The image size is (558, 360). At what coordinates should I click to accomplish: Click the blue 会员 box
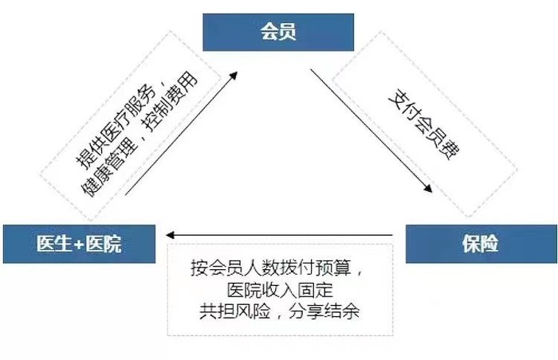(x=278, y=32)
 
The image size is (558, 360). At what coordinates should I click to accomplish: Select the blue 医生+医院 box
(x=80, y=244)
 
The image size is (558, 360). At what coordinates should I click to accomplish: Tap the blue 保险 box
(x=481, y=244)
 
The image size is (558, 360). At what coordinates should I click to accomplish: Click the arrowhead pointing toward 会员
(x=233, y=76)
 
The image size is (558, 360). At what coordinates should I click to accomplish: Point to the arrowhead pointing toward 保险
(x=428, y=188)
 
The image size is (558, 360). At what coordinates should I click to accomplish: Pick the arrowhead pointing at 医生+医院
(x=170, y=235)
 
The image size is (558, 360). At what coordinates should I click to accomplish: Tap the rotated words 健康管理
(x=109, y=167)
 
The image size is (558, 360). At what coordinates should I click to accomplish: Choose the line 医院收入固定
(x=280, y=290)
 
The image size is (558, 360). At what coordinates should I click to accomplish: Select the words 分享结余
(x=324, y=311)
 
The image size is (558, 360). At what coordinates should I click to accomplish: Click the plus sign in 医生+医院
(x=79, y=245)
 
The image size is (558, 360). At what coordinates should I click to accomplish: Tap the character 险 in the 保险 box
(x=489, y=244)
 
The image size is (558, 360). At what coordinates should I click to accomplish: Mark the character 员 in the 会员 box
(x=288, y=32)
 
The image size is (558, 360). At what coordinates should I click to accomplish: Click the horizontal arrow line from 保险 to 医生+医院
(x=279, y=235)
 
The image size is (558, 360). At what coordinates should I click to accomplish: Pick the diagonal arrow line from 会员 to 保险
(x=371, y=131)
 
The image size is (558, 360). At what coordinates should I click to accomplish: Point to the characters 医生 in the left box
(x=54, y=244)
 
